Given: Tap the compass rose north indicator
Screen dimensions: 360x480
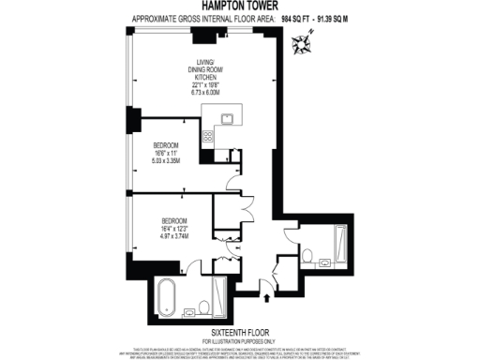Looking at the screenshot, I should pyautogui.click(x=302, y=41).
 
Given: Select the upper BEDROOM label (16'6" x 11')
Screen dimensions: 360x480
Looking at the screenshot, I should pyautogui.click(x=168, y=145).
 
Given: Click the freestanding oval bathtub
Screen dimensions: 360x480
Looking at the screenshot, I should pyautogui.click(x=168, y=297).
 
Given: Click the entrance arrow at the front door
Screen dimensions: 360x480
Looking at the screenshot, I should pyautogui.click(x=269, y=299).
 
